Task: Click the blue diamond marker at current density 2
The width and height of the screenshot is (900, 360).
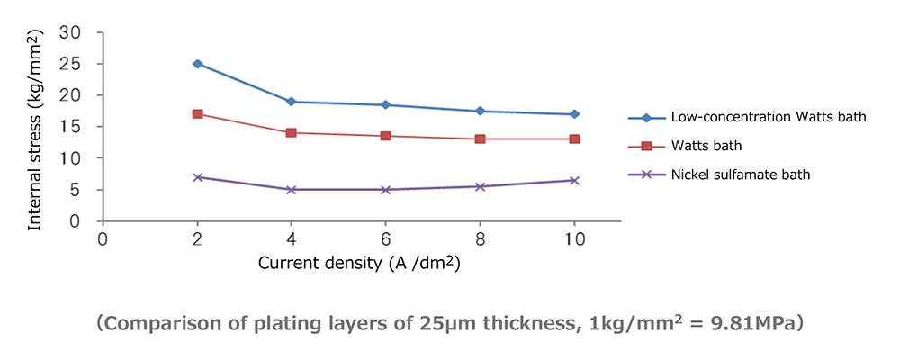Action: coord(197,64)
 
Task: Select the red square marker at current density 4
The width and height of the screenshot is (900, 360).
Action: coord(291,133)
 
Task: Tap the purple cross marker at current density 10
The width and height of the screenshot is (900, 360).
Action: coord(574,180)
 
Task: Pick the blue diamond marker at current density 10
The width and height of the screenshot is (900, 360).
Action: coord(574,114)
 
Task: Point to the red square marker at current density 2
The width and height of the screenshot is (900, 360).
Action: coord(197,114)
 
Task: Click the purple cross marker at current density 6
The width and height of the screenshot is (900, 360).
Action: coord(385,190)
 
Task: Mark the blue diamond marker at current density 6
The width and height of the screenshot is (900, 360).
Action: coord(385,105)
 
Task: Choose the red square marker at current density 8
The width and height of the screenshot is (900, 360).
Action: coord(480,139)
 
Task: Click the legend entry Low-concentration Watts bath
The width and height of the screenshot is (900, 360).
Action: coord(755,117)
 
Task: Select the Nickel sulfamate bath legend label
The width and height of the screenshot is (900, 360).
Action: coord(741,175)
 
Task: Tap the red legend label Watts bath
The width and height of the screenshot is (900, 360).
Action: coord(706,146)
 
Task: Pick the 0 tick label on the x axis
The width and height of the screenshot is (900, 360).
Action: coord(103,238)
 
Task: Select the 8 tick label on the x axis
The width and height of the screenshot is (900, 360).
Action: coord(480,238)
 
